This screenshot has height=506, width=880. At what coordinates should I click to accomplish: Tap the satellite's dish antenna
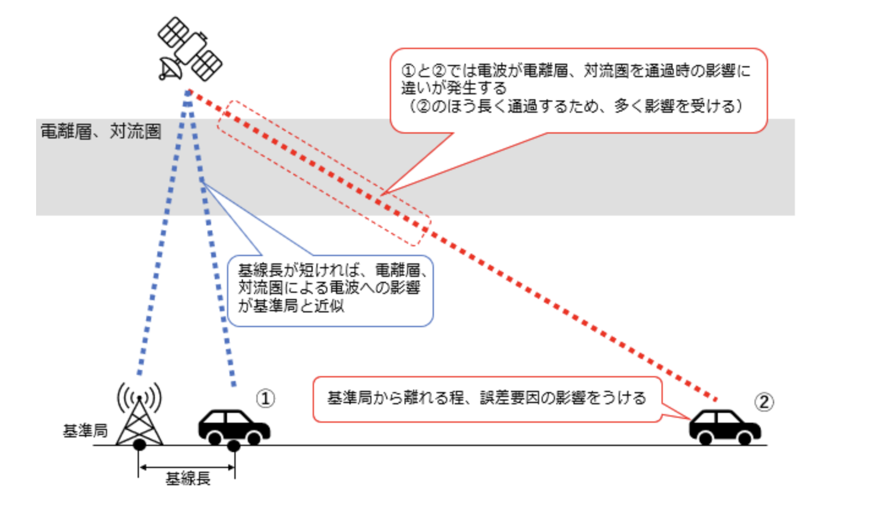click(170, 68)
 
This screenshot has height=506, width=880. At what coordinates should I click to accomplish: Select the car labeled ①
click(234, 425)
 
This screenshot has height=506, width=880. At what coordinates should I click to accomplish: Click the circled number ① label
click(265, 399)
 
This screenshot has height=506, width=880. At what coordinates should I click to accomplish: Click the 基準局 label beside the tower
click(85, 432)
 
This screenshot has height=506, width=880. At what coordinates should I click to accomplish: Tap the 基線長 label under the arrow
click(188, 479)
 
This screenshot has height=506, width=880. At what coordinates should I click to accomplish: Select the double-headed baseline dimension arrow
click(187, 468)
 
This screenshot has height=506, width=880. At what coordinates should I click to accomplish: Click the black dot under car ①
click(233, 445)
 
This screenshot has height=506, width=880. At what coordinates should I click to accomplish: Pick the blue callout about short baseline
click(330, 289)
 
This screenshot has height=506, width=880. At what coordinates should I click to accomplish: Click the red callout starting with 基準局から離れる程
click(487, 399)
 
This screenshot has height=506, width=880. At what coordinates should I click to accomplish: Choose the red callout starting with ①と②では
click(578, 89)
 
